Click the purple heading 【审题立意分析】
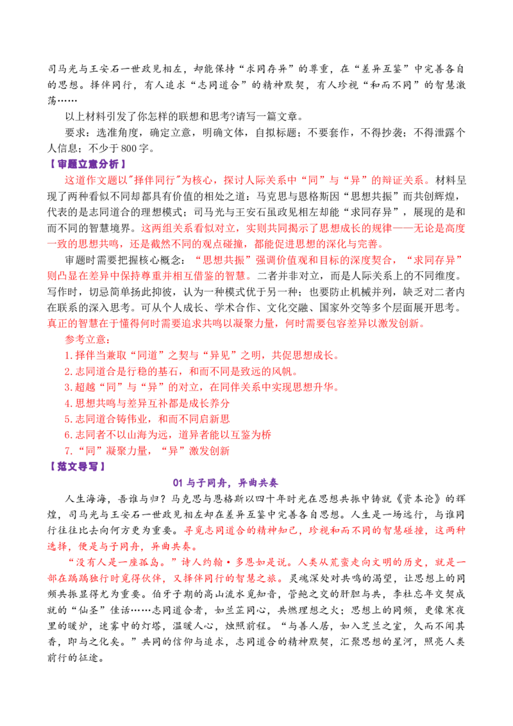[x=87, y=164]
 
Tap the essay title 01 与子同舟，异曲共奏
[x=226, y=482]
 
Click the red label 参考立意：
[x=87, y=339]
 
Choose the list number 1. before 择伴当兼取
[x=69, y=355]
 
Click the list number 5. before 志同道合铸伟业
[x=69, y=419]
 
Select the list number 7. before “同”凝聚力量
[x=69, y=451]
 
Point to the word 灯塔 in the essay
[x=151, y=626]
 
